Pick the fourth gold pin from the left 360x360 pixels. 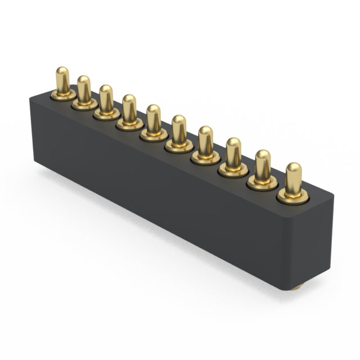pos(129,109)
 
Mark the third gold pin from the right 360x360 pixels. pos(233,152)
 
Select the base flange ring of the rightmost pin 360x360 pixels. pos(293,196)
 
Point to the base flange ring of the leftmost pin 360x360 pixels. pos(63,95)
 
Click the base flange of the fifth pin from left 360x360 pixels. pos(154,135)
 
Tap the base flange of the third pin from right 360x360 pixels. pos(233,170)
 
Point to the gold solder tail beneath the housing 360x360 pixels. pos(296,287)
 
